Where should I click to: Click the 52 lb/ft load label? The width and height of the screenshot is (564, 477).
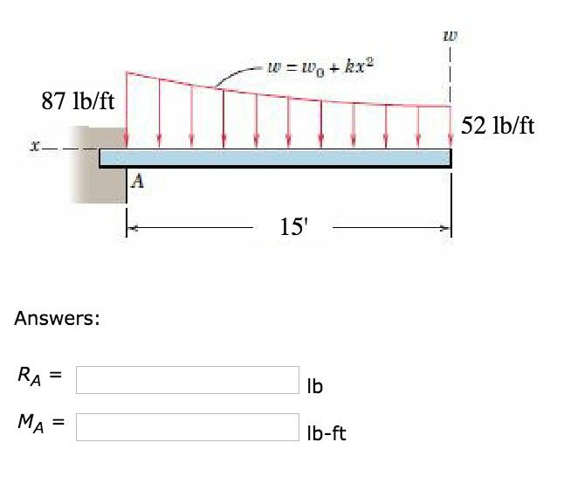tap(498, 125)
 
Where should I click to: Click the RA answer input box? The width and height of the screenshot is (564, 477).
tap(188, 379)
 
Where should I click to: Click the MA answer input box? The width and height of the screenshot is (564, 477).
tap(188, 426)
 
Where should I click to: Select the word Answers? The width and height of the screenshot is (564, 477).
tap(57, 319)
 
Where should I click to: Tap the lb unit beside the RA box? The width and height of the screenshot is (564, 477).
tap(315, 385)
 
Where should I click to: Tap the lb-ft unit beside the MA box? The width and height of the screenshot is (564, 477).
tap(327, 432)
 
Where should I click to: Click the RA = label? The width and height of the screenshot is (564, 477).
tap(38, 377)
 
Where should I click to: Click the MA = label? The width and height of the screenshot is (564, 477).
tap(40, 425)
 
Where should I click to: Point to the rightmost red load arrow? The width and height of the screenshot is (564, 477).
tap(451, 127)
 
